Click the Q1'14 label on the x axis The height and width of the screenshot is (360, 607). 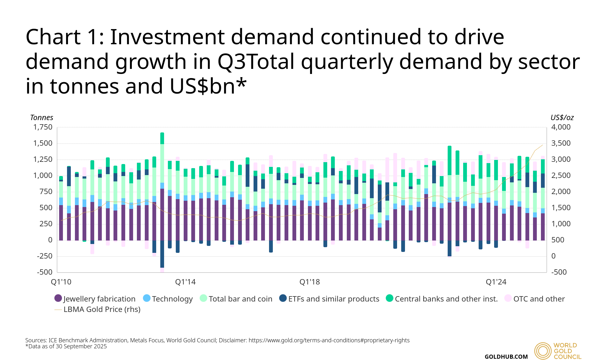(x=185, y=282)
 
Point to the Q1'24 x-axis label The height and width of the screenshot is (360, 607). (x=496, y=282)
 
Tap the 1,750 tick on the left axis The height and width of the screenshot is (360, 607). (x=43, y=127)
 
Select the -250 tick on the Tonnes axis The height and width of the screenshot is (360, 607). (x=45, y=256)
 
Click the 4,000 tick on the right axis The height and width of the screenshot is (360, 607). (x=561, y=127)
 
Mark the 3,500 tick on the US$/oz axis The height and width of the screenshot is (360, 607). (x=561, y=143)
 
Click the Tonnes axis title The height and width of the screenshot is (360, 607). (x=41, y=118)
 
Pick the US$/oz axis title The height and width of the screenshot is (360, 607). (x=562, y=118)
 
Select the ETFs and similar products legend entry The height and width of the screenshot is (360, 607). (x=329, y=299)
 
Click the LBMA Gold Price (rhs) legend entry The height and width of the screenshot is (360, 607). (x=98, y=309)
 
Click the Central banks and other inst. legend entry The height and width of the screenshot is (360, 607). (x=442, y=299)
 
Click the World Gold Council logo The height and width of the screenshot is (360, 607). (x=558, y=351)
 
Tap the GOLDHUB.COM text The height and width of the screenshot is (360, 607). (x=506, y=357)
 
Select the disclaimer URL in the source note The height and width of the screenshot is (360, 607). (x=329, y=340)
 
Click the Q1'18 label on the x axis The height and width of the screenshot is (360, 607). (x=310, y=282)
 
